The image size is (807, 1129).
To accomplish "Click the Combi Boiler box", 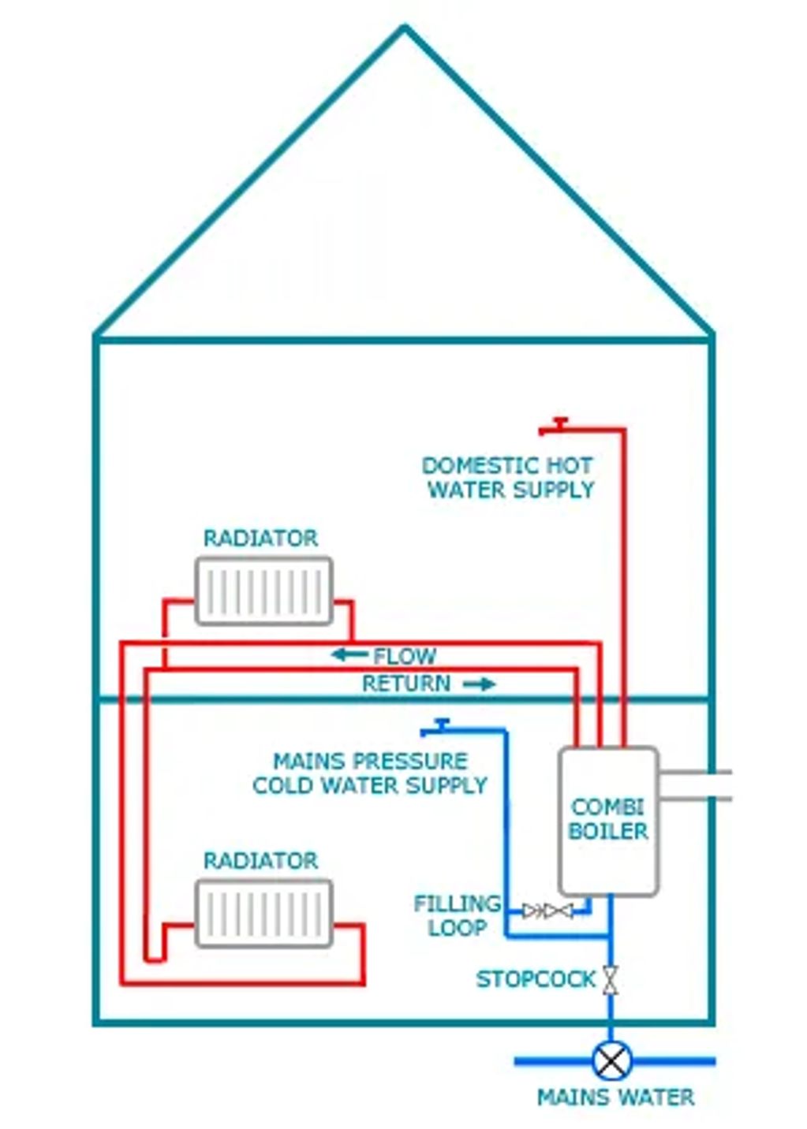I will point(608,821).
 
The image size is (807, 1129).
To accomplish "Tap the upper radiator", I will point(263,591).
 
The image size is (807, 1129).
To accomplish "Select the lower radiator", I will point(263,914).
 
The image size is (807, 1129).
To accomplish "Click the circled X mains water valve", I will point(611,1060).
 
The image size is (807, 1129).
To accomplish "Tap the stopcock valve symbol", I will point(610,979).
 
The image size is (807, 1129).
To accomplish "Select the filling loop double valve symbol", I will point(547,911).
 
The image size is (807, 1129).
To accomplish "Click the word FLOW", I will point(404,656).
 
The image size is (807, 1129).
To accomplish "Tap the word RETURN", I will point(406,684).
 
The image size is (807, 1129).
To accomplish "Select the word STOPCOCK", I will point(536,979).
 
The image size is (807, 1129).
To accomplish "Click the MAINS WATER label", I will point(615,1097).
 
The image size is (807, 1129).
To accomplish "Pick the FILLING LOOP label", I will point(457,915).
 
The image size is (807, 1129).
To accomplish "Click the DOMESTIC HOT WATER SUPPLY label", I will point(510,478).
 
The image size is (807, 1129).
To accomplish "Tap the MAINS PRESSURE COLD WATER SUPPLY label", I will point(370,773).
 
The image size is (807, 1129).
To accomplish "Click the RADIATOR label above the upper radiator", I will point(260,538).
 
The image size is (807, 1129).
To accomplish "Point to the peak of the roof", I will point(404,28).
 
